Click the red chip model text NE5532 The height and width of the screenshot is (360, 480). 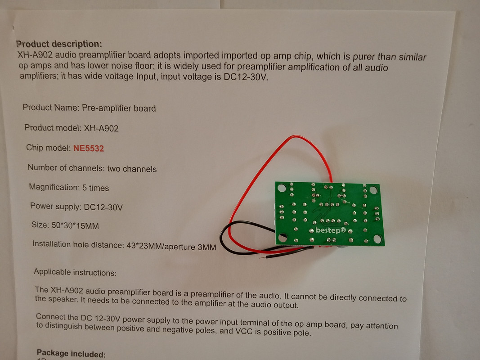point(89,148)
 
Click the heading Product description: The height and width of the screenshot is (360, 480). point(59,44)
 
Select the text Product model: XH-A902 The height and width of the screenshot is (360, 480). point(72,128)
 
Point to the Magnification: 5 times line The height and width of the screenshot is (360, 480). point(69,187)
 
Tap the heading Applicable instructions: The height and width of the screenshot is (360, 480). point(75,272)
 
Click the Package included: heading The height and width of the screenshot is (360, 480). point(71,354)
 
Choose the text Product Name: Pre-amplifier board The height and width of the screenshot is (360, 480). point(89,108)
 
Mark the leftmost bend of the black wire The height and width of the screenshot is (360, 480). point(221,236)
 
